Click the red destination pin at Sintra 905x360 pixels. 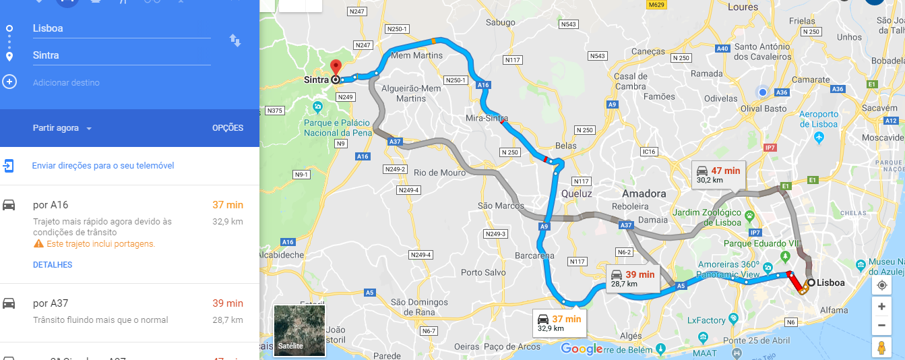pos(336,67)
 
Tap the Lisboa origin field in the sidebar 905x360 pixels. pos(121,28)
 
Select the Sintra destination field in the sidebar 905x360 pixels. pos(121,55)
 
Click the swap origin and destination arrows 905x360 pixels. pos(235,40)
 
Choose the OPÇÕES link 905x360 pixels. pos(228,128)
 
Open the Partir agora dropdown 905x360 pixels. pos(62,128)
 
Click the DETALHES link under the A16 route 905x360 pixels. pos(53,265)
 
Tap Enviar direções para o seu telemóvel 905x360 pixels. pos(103,166)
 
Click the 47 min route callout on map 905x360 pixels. pos(719,175)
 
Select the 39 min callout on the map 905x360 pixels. pos(633,278)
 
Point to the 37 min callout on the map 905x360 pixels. pos(559,323)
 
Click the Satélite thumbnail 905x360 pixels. pos(299,330)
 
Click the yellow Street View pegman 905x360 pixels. pos(881,348)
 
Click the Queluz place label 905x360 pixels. pos(576,193)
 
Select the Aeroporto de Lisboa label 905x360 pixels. pos(819,119)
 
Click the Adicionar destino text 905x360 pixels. pos(66,83)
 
